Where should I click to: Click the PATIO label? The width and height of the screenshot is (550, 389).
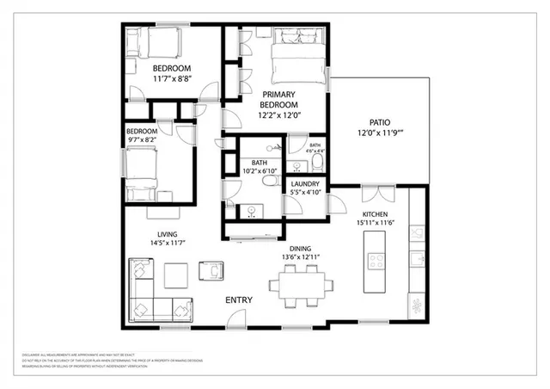coord(380,123)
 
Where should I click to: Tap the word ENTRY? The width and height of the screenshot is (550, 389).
coord(238,299)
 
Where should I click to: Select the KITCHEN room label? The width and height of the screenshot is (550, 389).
coord(376,213)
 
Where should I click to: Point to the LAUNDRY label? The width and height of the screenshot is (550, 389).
coord(305,183)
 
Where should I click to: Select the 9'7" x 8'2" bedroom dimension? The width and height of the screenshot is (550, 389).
coord(143,139)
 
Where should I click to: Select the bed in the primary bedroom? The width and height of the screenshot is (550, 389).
coord(299,60)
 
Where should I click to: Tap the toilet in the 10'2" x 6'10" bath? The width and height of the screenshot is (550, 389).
coord(270,180)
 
